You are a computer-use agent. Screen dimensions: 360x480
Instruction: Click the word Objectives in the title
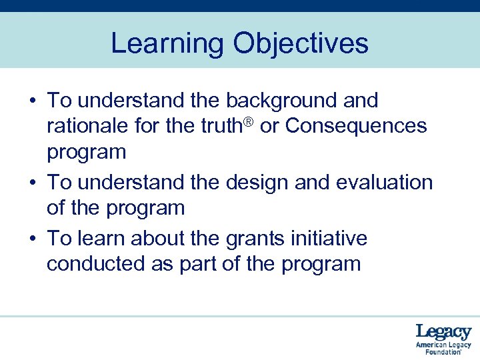[300, 44]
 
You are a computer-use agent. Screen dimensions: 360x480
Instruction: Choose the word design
[253, 182]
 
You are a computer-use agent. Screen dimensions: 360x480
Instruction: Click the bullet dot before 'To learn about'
[32, 239]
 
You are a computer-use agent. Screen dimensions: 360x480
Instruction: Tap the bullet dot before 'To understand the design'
[32, 183]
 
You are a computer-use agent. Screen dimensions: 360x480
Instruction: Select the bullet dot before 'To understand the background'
[32, 101]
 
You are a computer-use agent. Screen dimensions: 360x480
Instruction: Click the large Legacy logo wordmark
[443, 332]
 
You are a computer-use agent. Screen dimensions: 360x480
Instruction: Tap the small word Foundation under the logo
[439, 352]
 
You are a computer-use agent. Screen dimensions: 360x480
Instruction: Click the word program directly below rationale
[86, 152]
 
